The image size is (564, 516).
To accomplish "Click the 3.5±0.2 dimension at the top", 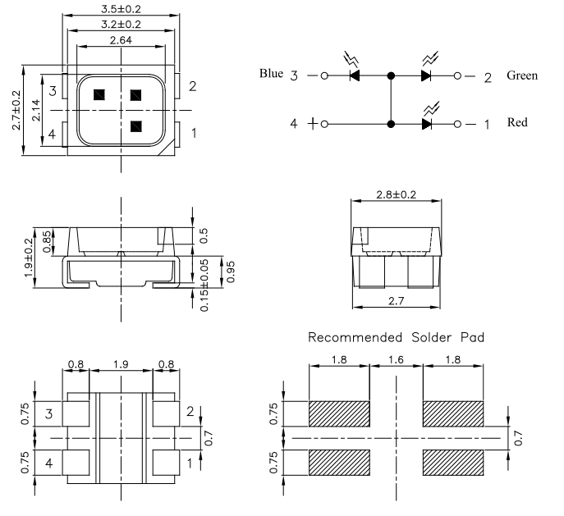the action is click(x=121, y=9).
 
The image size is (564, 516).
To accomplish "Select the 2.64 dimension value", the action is click(x=121, y=40).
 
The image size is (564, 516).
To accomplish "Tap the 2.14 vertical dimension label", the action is click(x=36, y=110).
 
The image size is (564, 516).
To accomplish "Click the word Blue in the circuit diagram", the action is click(x=271, y=73).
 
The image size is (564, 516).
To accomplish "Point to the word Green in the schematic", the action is click(x=522, y=75).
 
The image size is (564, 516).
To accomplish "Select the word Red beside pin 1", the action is click(x=517, y=122).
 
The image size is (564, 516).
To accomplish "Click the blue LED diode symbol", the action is click(x=355, y=75).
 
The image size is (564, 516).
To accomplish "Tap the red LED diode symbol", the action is click(x=426, y=125).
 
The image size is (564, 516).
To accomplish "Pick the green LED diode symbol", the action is click(x=426, y=75).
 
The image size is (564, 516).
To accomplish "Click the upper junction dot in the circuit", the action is click(x=391, y=75).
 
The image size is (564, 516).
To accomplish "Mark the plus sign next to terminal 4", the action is click(x=313, y=124).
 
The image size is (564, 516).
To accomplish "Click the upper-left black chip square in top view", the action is click(x=99, y=95).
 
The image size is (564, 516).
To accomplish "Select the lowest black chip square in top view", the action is click(x=136, y=126).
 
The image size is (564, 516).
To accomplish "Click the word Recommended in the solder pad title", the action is click(x=355, y=337).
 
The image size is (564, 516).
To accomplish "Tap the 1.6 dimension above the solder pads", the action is click(x=396, y=359).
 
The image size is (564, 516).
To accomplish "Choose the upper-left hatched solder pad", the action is click(x=339, y=414).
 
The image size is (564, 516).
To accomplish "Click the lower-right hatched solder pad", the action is click(x=453, y=463).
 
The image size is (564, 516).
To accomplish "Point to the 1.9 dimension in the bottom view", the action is click(x=121, y=365).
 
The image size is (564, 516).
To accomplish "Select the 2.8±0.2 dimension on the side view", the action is click(x=396, y=194).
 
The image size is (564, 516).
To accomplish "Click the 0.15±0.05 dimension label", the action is click(x=204, y=285).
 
